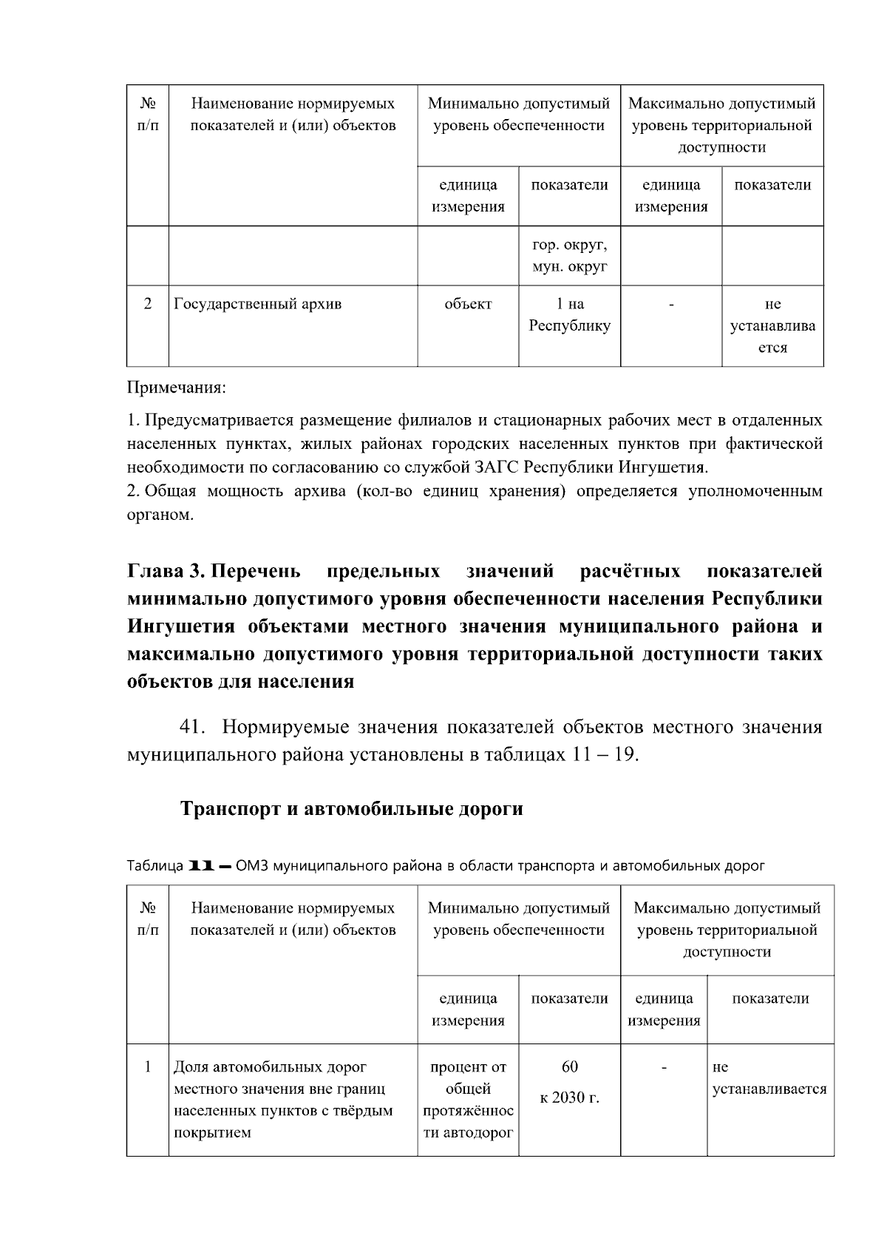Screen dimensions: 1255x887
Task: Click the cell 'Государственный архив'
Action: coord(258,304)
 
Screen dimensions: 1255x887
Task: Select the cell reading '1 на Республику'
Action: coord(569,314)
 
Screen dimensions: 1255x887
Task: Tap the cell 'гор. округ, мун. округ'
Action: coord(569,255)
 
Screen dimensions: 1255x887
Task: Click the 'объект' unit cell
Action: coord(468,304)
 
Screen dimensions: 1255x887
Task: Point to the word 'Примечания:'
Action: coord(177,388)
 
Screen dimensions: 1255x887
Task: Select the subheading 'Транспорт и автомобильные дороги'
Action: coord(352,808)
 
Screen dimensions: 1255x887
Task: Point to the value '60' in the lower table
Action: coord(569,1066)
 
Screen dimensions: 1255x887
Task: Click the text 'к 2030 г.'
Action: coord(569,1097)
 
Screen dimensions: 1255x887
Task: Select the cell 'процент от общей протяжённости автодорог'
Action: coord(468,1099)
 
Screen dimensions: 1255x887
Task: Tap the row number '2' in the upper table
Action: coord(148,304)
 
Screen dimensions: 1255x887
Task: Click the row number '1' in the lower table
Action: coord(148,1066)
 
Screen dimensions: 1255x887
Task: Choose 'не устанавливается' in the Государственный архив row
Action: coord(772,325)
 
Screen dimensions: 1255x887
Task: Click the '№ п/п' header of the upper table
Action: coord(148,115)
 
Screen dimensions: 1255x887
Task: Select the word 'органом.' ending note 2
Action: coord(160,515)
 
